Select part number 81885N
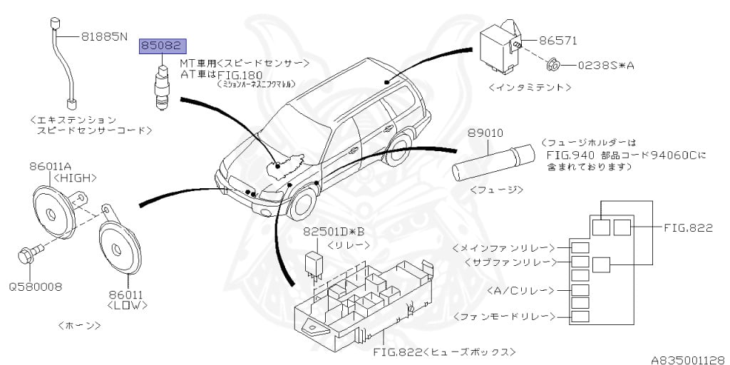[x=103, y=35]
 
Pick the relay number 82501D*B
[x=334, y=231]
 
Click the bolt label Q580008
[x=35, y=287]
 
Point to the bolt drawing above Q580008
[x=31, y=252]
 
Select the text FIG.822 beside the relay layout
[x=687, y=227]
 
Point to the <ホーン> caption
[x=78, y=325]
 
